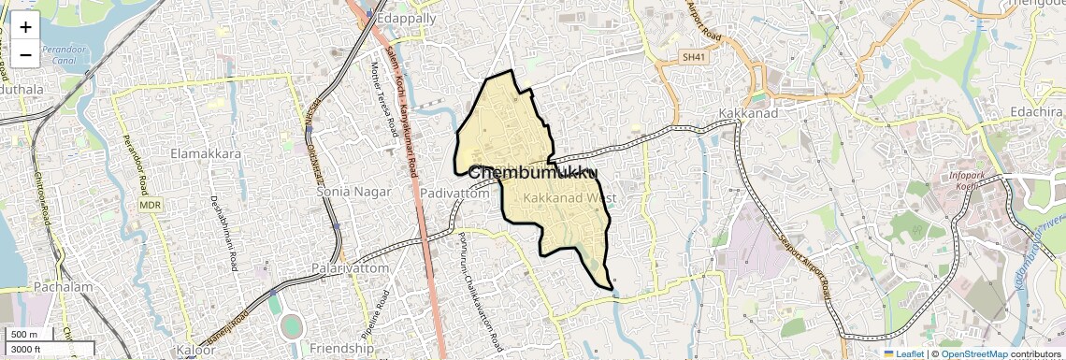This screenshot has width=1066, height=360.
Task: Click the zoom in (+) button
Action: click(25, 27)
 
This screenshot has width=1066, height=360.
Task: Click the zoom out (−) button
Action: click(25, 54)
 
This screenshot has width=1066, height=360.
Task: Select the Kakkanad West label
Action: click(569, 198)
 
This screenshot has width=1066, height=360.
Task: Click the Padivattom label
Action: click(454, 193)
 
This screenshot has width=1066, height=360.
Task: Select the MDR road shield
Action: click(151, 204)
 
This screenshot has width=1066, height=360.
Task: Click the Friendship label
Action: click(341, 348)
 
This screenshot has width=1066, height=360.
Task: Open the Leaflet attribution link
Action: click(903, 353)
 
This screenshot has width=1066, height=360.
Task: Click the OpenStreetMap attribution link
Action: click(973, 353)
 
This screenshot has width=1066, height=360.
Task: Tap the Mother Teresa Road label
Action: click(384, 103)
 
